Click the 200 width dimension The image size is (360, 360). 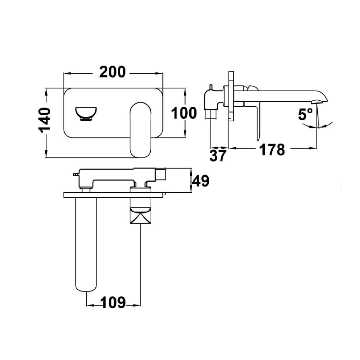point(113,72)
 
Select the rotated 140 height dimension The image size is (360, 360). point(45,120)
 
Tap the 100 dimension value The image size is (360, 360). point(184,113)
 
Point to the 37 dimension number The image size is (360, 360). point(218,155)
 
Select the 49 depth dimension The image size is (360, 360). point(201,181)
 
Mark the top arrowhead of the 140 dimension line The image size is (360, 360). point(45,91)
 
